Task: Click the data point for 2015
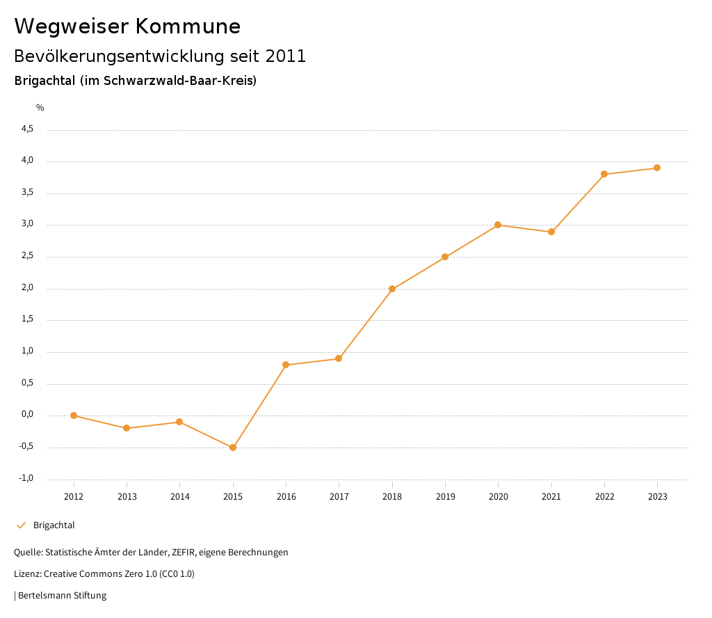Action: click(233, 447)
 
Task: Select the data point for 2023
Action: click(657, 168)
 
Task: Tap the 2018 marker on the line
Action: click(392, 289)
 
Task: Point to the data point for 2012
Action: click(74, 415)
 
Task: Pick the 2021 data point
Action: click(551, 232)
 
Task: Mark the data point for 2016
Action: click(286, 365)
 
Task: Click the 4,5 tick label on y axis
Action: click(27, 129)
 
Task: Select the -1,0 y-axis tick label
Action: click(26, 478)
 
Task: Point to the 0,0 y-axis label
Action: click(27, 415)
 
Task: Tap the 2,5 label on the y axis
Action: click(27, 256)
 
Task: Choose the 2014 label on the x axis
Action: click(179, 497)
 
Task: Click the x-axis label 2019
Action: click(445, 497)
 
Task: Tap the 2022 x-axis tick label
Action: click(604, 497)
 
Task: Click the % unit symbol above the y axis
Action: click(40, 108)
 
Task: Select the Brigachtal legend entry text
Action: click(54, 525)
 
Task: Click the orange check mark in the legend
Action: click(21, 525)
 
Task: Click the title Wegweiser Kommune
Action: click(127, 26)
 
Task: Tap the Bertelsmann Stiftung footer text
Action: click(62, 596)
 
